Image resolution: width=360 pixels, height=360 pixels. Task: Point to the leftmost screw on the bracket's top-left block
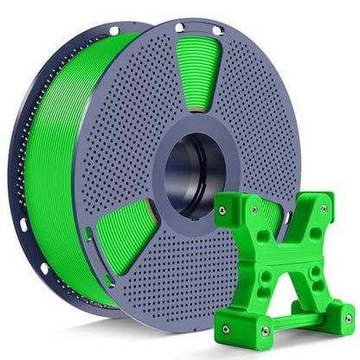click(x=222, y=210)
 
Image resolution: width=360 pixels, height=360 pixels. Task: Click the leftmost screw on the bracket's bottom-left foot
click(x=226, y=328)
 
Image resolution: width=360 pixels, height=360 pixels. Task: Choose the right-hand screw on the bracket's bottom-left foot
click(x=265, y=330)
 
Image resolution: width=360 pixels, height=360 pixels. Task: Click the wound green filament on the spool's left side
click(x=52, y=173)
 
